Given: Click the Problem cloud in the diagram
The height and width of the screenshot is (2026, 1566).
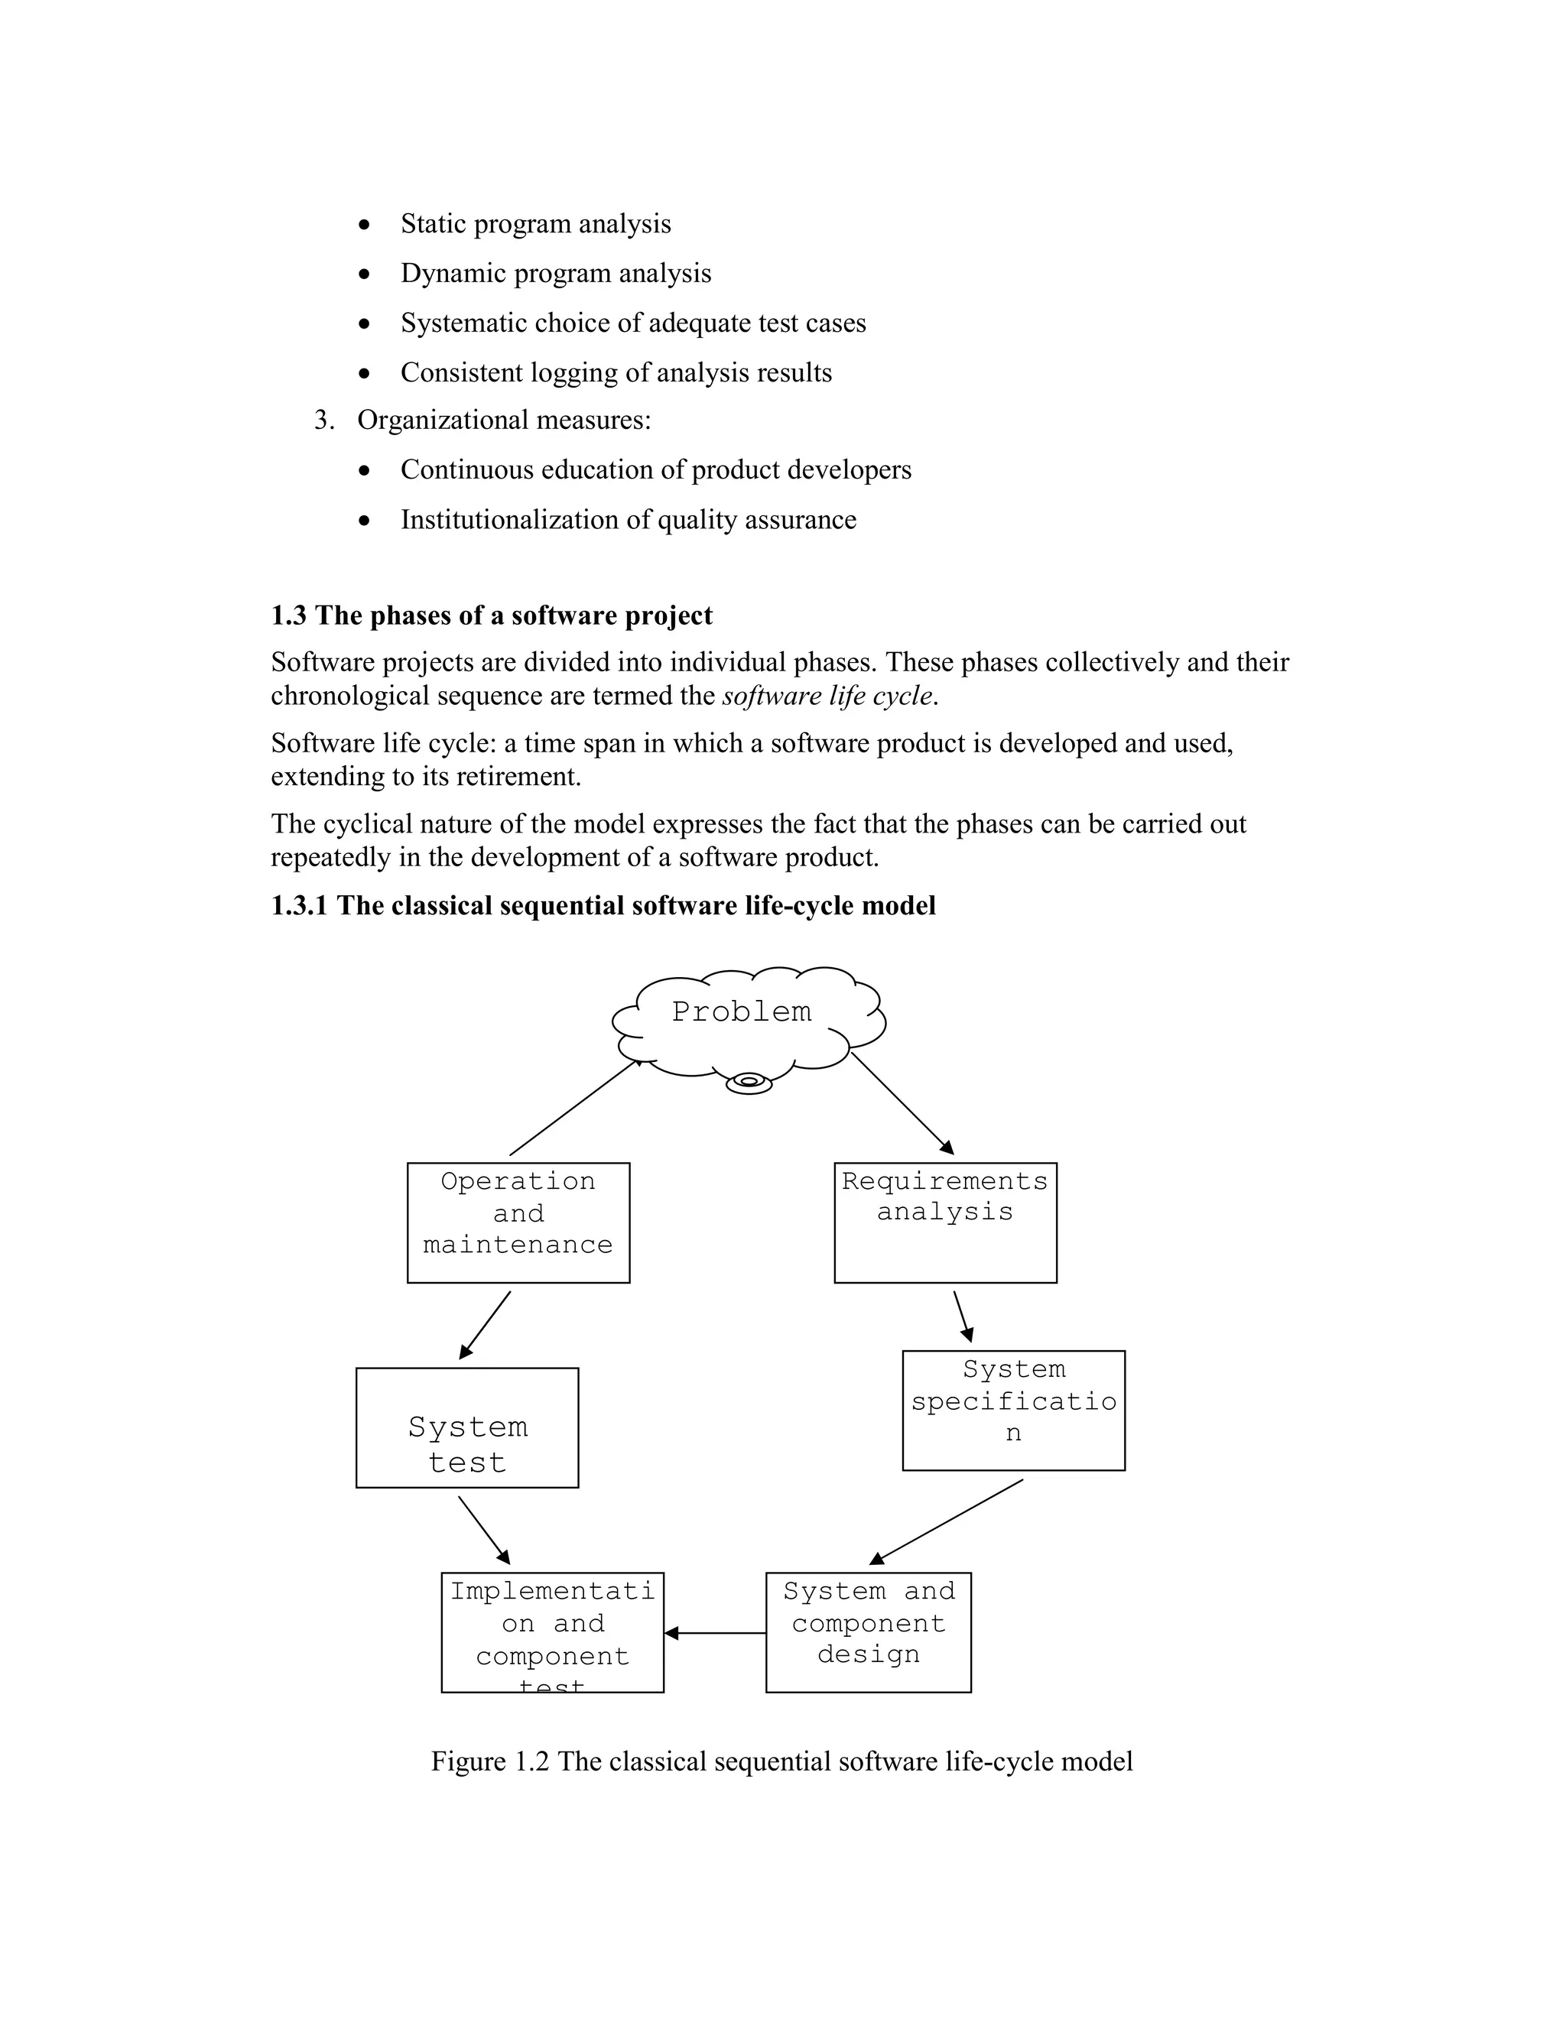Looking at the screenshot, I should click(x=742, y=1021).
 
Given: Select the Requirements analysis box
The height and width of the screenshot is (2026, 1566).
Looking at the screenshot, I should click(x=944, y=1222).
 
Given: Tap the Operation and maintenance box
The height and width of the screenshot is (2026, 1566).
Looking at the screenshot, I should click(x=518, y=1222).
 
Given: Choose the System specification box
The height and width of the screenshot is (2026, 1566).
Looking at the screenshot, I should click(x=1013, y=1410).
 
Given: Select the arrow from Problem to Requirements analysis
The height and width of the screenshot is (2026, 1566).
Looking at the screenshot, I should click(x=902, y=1103).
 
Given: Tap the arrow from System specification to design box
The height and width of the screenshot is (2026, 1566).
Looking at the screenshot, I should click(x=947, y=1521).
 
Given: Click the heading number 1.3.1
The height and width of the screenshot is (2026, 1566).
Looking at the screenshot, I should click(x=299, y=905).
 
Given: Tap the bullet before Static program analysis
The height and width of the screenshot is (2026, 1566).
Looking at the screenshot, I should click(x=366, y=226).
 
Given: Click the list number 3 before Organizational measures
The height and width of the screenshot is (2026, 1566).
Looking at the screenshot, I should click(x=323, y=420).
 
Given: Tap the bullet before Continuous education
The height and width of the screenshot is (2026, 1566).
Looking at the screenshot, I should click(x=366, y=471).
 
